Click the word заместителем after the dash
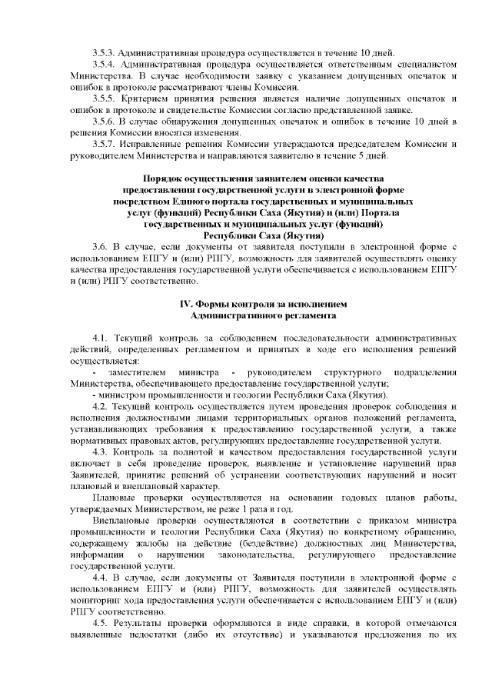(136, 372)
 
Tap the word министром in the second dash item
(122, 395)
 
